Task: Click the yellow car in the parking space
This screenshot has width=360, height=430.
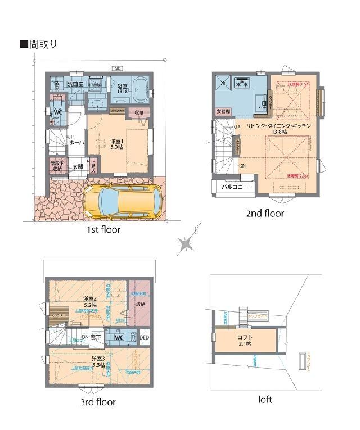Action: (x=123, y=200)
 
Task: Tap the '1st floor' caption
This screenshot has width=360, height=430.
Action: (x=102, y=229)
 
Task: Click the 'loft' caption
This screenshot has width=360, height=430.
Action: (x=265, y=400)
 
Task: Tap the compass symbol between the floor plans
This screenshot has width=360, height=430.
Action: (x=186, y=243)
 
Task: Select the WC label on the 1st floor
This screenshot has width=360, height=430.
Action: (x=57, y=112)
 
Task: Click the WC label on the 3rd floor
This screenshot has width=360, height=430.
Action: (x=119, y=338)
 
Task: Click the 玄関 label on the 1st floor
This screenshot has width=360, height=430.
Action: (x=78, y=167)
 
